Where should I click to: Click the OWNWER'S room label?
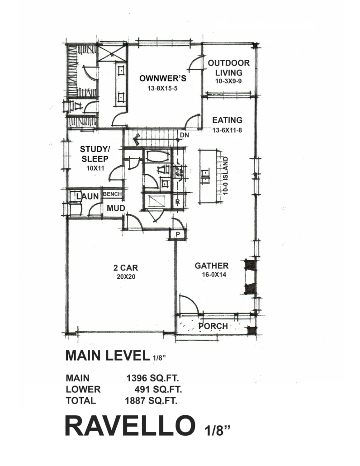(x=163, y=78)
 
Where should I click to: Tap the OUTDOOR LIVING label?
(x=229, y=68)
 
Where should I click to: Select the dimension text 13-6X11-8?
(x=227, y=130)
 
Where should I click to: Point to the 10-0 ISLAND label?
(x=225, y=176)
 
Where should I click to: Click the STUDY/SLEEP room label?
(x=95, y=154)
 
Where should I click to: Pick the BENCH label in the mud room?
(x=112, y=194)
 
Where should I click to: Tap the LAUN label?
(x=87, y=196)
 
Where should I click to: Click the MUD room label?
(x=116, y=208)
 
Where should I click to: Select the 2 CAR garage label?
(x=126, y=268)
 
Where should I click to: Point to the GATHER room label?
(x=212, y=266)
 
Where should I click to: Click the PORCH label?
(x=213, y=326)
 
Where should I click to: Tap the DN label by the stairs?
(x=185, y=135)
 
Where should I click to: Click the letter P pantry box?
(x=178, y=234)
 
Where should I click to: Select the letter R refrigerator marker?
(x=178, y=202)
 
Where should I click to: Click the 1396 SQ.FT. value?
(x=153, y=378)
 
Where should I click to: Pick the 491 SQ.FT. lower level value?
(x=158, y=390)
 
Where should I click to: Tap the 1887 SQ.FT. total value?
(x=151, y=400)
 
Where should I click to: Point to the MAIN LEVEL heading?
(x=107, y=356)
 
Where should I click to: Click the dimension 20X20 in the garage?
(x=126, y=277)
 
